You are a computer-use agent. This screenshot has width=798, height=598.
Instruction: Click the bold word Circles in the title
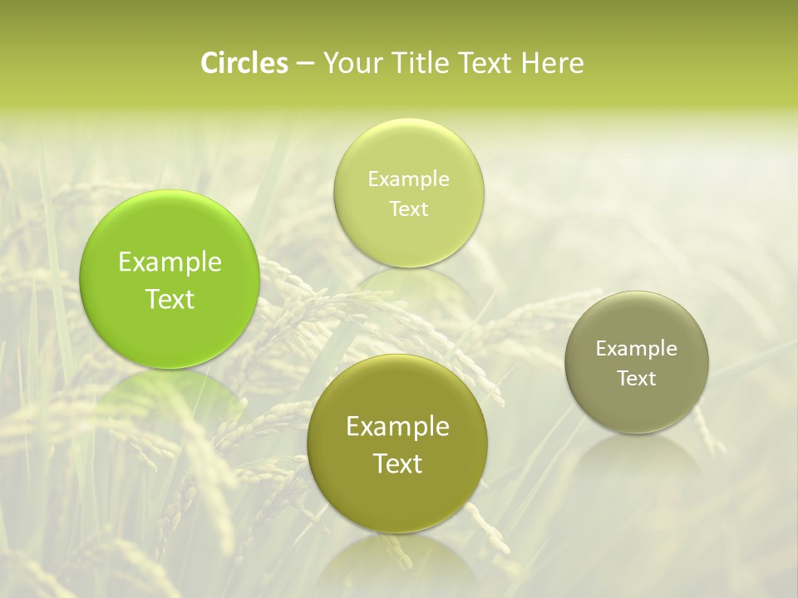click(244, 63)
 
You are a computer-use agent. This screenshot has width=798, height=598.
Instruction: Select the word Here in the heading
click(552, 63)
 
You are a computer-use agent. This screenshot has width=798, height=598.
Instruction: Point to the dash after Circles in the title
click(304, 63)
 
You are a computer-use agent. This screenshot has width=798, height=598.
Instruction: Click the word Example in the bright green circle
click(170, 262)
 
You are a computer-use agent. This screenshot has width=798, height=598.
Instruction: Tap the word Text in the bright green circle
click(170, 299)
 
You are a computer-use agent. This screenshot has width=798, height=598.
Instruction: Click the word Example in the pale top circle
click(408, 179)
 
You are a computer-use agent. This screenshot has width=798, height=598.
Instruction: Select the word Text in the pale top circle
click(408, 208)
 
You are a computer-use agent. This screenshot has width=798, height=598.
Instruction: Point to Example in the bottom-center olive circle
click(397, 427)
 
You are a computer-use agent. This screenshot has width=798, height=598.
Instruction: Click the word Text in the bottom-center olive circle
click(397, 463)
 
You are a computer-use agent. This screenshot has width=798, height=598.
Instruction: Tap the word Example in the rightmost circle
click(637, 349)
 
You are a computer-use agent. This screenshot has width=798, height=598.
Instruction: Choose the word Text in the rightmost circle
click(637, 379)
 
